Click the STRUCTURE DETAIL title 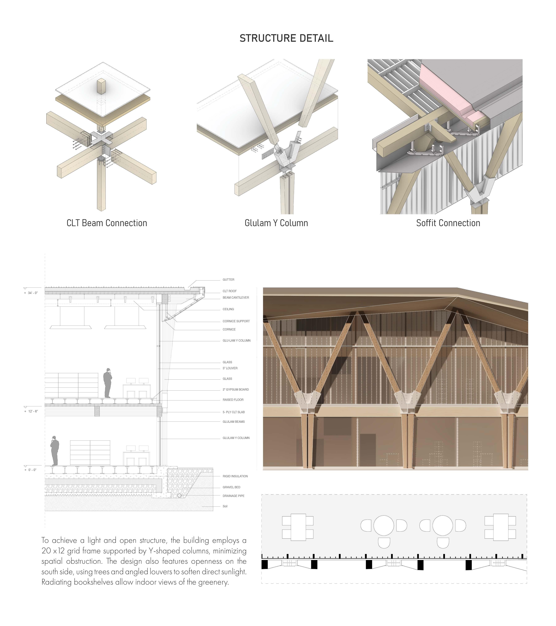pos(286,38)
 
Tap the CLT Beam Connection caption pos(107,223)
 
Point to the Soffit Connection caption pos(448,223)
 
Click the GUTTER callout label pos(228,280)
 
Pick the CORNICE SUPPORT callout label pos(236,321)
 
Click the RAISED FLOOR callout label pos(233,400)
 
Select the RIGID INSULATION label pos(235,476)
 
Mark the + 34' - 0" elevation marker pos(31,293)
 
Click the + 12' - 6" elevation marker pos(31,411)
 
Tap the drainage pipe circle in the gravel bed pos(179,495)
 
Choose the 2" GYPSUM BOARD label pos(236,390)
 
